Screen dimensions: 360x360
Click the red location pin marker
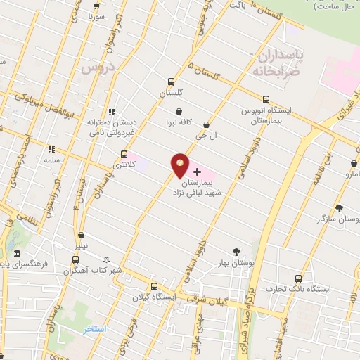(181, 167)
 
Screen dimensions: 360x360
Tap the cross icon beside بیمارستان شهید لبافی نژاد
(197, 172)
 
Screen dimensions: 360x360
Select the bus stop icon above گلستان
(171, 82)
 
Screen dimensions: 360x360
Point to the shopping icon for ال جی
(206, 124)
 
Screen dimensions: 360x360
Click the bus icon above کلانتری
(124, 154)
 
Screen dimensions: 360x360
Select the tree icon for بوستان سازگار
(339, 208)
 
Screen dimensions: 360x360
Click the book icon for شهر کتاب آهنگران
(107, 259)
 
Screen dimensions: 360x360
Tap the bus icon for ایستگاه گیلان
(154, 285)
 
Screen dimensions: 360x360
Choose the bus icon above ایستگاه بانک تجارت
(298, 278)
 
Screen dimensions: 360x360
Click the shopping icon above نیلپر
(82, 236)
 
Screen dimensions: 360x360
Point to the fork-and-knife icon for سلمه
(51, 149)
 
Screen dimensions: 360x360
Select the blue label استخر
(94, 329)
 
